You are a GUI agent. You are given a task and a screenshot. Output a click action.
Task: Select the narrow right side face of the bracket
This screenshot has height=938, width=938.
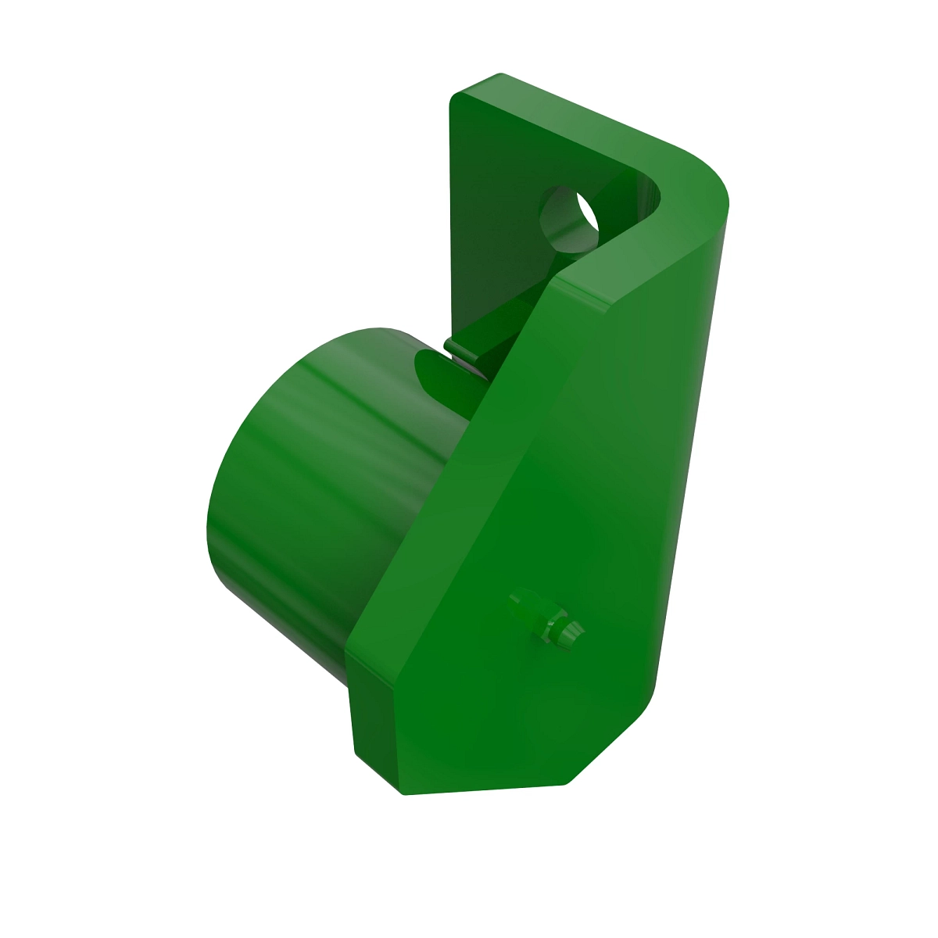tap(688, 469)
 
